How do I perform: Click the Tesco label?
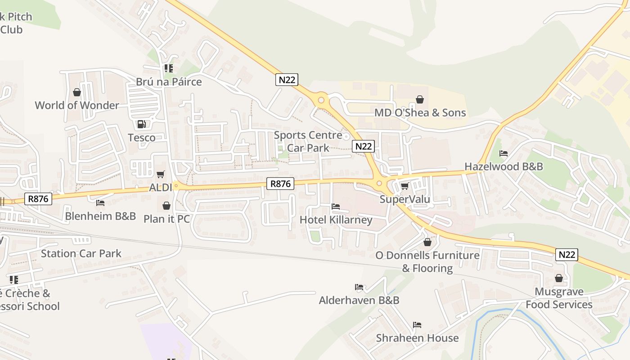coord(142,138)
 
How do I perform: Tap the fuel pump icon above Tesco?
coord(141,124)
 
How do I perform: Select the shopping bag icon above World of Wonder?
coord(77,92)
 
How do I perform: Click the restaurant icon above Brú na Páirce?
coord(169,68)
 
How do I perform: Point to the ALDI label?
coord(161,187)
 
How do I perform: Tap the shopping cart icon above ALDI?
coord(161,174)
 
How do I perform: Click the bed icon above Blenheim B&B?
coord(100,203)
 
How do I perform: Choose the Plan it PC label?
coord(166,219)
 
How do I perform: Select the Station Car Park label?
coord(81,253)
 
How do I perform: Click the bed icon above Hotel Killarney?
coord(336,207)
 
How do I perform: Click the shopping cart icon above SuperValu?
coord(405,186)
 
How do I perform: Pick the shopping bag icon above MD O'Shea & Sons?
coord(420,99)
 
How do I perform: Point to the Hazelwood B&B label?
coord(504,166)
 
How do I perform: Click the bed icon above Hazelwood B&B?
coord(504,153)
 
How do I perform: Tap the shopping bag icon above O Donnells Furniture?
coord(427,242)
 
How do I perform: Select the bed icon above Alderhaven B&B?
coord(359,287)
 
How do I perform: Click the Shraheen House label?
coord(417,338)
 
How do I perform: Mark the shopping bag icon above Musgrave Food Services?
coord(559,279)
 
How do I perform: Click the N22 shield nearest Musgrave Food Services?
coord(567,254)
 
